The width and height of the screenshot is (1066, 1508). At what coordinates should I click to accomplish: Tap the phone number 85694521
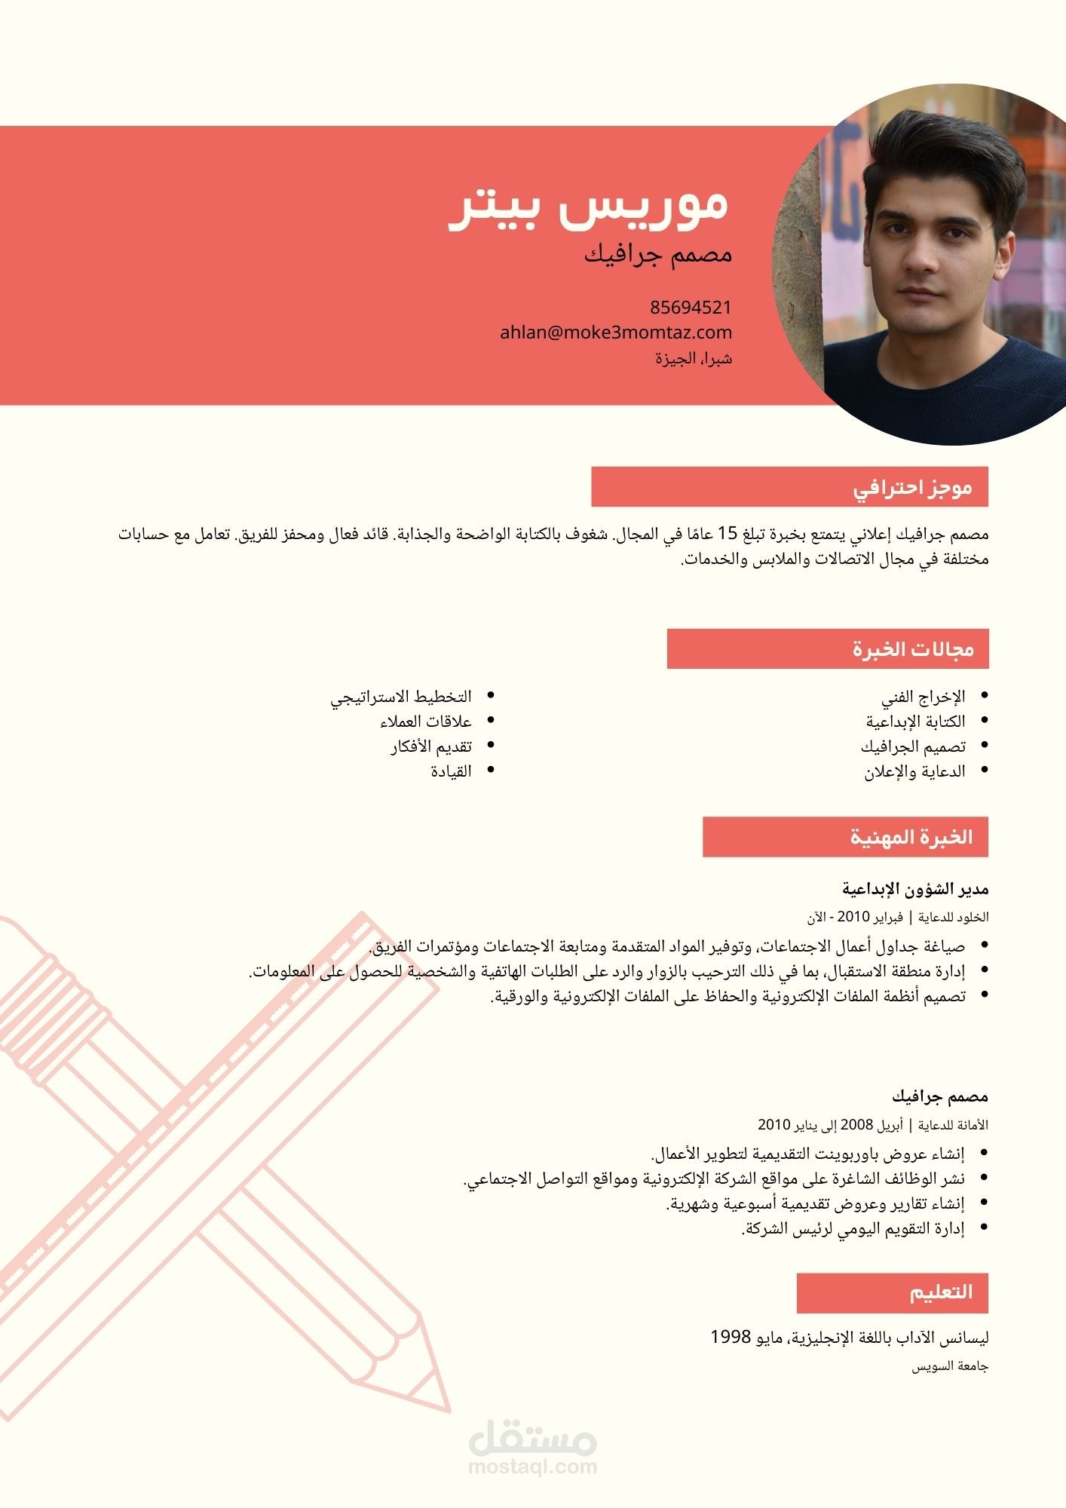(x=691, y=308)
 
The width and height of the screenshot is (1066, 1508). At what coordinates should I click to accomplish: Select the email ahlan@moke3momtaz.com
(x=616, y=333)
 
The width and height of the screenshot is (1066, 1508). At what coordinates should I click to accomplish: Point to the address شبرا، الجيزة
(x=694, y=358)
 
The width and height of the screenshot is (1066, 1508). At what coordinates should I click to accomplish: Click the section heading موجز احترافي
(x=912, y=488)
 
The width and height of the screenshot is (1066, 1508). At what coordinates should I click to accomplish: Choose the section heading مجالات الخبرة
(x=913, y=649)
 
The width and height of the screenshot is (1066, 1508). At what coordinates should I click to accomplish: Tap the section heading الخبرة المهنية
(x=911, y=837)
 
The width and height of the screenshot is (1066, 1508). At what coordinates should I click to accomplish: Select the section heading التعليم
(x=941, y=1292)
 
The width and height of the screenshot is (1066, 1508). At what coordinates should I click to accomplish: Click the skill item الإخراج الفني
(x=924, y=697)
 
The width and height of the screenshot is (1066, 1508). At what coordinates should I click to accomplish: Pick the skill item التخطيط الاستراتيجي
(x=401, y=697)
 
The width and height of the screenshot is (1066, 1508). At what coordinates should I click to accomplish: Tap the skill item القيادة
(x=451, y=771)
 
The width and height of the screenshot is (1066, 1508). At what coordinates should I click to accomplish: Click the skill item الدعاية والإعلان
(x=914, y=771)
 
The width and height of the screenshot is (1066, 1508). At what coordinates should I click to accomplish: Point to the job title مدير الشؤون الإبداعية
(x=915, y=890)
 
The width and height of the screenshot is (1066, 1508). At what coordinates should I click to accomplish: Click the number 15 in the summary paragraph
(x=727, y=535)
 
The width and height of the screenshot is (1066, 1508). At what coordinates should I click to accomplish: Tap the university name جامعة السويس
(x=950, y=1366)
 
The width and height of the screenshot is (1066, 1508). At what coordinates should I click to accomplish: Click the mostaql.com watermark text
(x=532, y=1467)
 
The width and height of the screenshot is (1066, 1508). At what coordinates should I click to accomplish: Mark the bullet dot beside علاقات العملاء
(x=491, y=721)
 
